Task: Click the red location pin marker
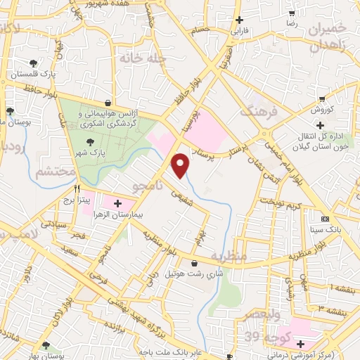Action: [x=181, y=165]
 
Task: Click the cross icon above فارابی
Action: [x=240, y=20]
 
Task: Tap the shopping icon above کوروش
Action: [x=322, y=98]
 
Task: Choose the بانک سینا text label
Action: [x=328, y=229]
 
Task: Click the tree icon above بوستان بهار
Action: [x=46, y=345]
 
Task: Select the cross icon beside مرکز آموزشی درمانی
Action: [x=300, y=344]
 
